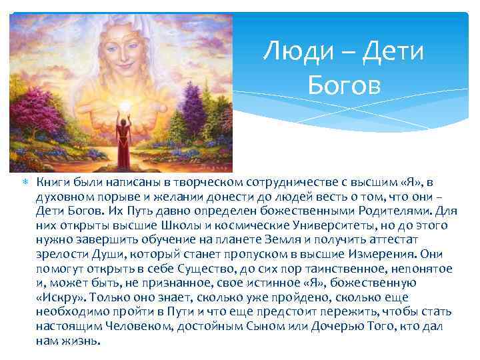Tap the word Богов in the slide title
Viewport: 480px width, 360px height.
click(x=344, y=85)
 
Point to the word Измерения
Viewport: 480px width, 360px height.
click(x=383, y=254)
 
